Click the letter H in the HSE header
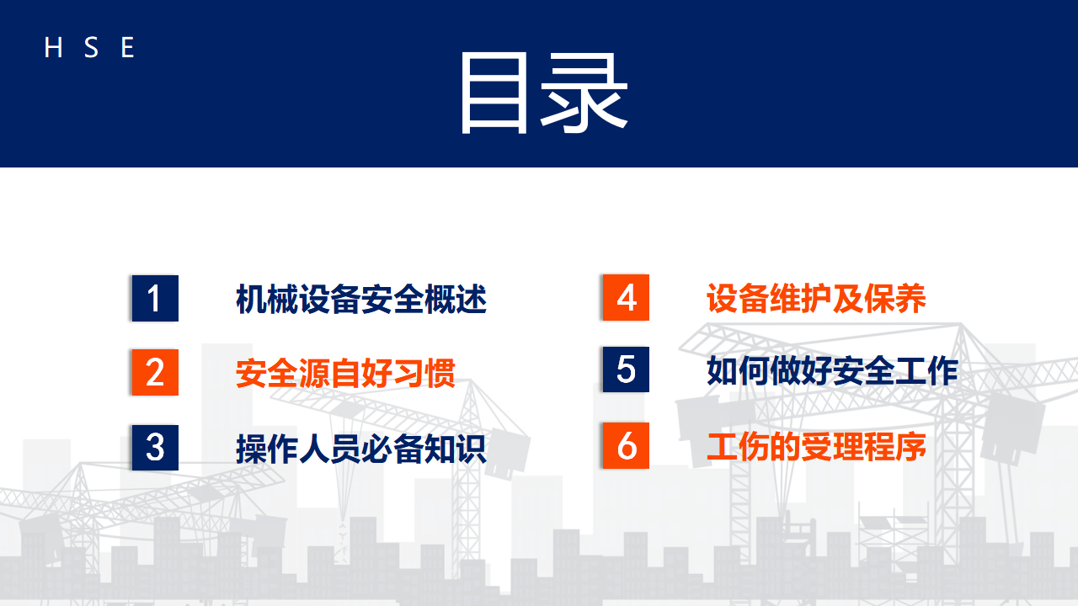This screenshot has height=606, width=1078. pos(53,47)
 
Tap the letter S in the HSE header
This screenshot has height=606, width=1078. pos(91,47)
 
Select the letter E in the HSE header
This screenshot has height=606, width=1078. pos(127,47)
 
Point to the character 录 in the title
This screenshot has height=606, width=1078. pos(584,93)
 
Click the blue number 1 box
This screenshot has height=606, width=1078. pos(155,298)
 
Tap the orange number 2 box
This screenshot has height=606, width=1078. pos(155,372)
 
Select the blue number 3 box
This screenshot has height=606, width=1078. pos(155,447)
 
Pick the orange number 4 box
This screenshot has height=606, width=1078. pos(626,297)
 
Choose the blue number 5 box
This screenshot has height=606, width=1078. pos(626,369)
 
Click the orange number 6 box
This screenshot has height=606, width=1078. pos(626,445)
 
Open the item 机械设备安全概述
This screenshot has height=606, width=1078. pos(361,299)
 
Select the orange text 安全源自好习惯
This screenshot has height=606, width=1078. pos(345,373)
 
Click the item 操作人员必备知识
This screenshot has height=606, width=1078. pos(361,449)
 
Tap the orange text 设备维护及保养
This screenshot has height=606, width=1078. pos(816,298)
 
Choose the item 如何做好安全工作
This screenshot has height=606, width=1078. pos(833,370)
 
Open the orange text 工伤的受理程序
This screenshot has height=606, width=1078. pos(816,447)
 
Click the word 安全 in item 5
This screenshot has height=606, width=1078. pos(864,370)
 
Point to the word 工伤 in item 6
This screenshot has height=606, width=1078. pos(738,447)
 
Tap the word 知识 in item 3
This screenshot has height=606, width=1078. pos(456,449)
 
